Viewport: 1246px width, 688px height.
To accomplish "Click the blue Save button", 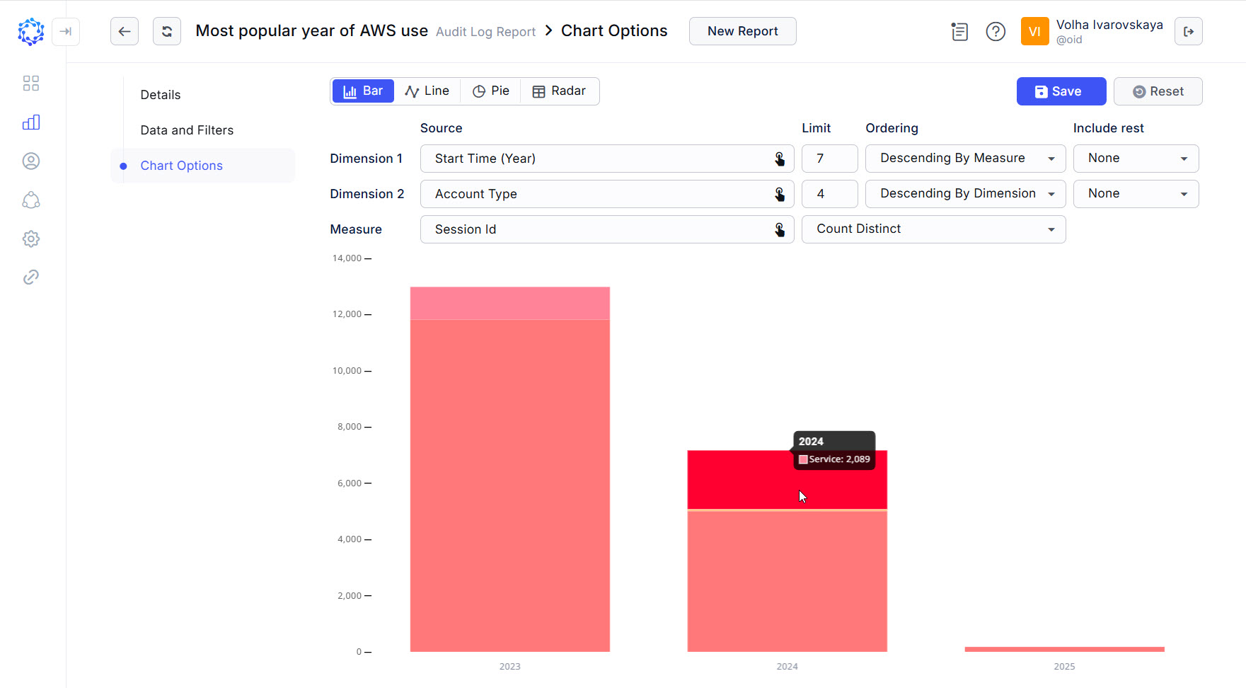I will click(1061, 91).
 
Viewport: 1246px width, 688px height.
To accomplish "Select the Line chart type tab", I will click(427, 91).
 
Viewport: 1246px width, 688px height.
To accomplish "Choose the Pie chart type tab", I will click(490, 91).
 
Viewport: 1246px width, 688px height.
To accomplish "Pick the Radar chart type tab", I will click(559, 91).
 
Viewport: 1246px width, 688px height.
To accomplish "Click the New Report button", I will click(742, 31).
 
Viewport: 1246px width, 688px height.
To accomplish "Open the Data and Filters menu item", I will click(187, 130).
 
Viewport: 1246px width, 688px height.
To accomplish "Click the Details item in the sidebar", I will click(161, 95).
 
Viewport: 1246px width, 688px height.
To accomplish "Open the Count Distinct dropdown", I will click(933, 229).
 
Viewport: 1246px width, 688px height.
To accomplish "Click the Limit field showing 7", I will click(829, 159).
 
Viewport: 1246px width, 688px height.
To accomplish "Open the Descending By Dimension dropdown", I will click(964, 194).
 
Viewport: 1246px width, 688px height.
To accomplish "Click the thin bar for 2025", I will click(1064, 649).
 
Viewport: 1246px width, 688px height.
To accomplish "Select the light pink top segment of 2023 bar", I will click(509, 303).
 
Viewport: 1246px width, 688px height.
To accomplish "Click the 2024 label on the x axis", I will click(787, 667).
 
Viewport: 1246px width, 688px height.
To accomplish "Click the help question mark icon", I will click(996, 32).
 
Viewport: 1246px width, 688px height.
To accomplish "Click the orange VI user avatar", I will click(1034, 32).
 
